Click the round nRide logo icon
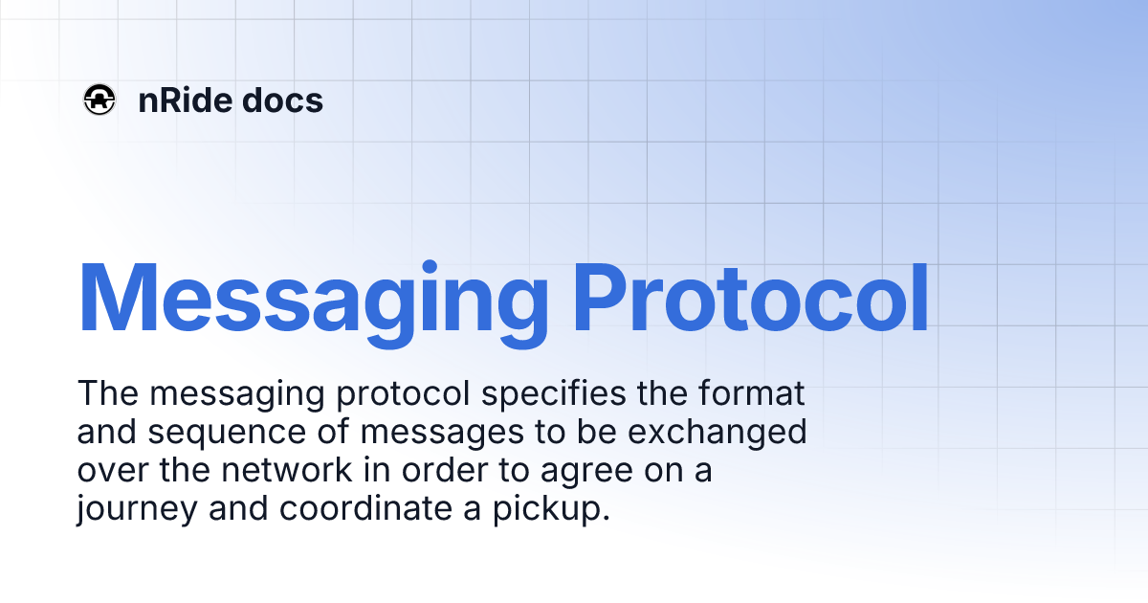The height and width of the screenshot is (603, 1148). [99, 100]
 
